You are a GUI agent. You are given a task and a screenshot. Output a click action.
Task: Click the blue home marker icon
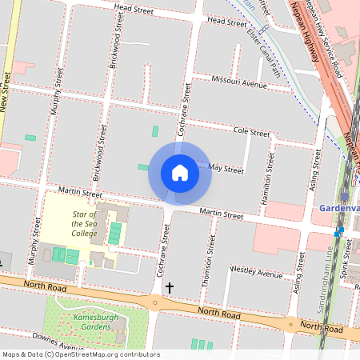pos(180,172)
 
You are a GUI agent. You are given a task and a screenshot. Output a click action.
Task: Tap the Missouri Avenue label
pos(239,82)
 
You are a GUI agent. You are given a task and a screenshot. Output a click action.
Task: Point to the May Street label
pos(226,169)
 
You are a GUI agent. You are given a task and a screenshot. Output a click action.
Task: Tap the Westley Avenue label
pos(256,273)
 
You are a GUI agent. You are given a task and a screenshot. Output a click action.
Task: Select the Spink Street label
pos(346,260)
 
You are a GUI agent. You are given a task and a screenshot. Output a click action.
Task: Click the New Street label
pos(6,91)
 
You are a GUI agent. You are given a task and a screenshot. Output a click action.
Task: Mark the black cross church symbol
pos(169,286)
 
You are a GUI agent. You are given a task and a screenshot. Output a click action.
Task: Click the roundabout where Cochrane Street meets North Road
pos(154,302)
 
